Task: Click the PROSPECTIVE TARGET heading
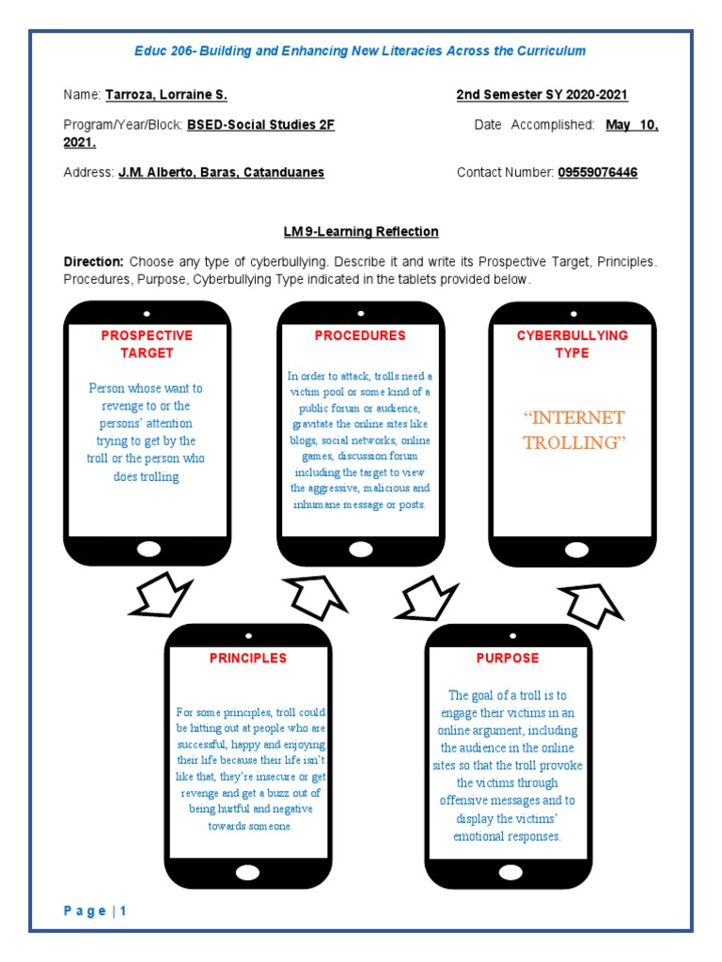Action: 147,344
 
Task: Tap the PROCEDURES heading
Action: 360,335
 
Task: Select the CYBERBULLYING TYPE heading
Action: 573,344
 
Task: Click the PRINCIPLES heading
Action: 248,658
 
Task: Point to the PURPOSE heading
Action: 508,658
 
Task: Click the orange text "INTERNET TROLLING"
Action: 573,430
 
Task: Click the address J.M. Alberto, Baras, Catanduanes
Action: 221,173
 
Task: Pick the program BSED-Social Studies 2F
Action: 260,124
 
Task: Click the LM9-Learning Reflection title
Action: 361,231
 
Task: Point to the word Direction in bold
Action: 93,261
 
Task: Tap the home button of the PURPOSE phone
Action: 508,872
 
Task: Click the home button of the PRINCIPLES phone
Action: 248,872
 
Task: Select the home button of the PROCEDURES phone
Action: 360,549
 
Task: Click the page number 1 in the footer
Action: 122,910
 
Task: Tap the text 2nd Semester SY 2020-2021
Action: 542,95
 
